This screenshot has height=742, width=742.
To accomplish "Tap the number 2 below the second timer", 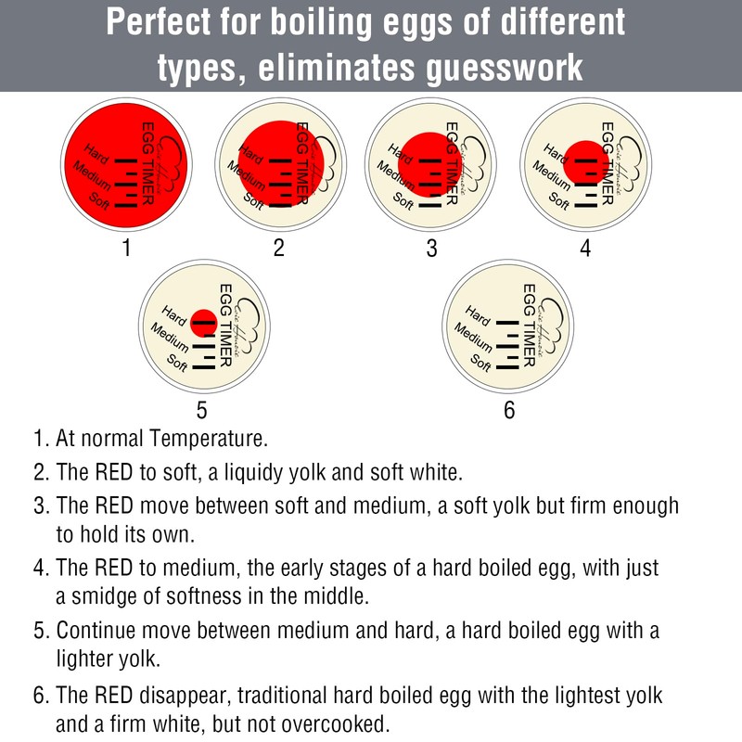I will point(278,248).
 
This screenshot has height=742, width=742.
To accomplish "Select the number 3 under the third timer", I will point(431,248).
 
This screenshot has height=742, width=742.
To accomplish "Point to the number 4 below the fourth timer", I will point(584,248).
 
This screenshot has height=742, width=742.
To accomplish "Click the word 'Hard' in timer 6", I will point(479,315).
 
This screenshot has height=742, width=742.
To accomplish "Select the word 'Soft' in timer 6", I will point(481,363).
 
